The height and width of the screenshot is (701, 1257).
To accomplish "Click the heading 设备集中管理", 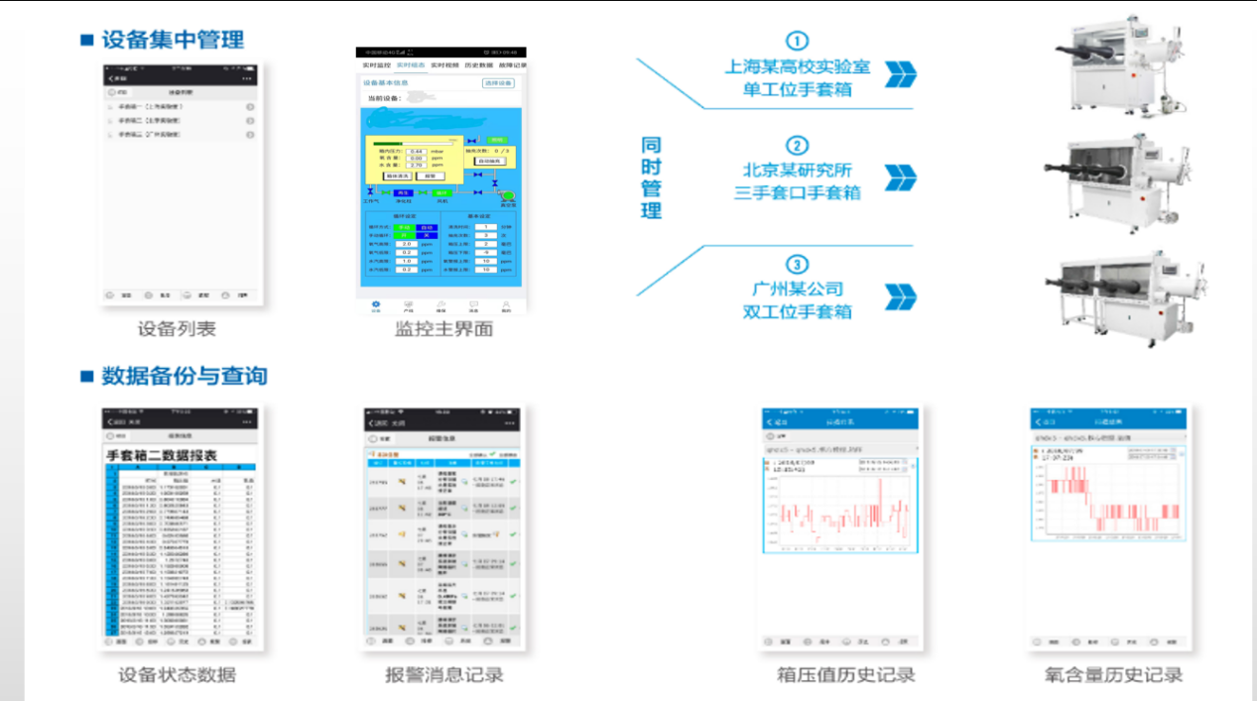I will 173,41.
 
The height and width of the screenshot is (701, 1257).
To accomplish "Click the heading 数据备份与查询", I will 185,376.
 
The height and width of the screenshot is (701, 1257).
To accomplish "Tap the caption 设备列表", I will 177,329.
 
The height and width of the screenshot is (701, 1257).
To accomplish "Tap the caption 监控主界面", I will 443,329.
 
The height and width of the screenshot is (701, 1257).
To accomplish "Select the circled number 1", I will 797,41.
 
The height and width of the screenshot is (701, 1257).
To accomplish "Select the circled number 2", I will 797,146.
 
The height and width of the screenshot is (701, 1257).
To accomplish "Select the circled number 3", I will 797,265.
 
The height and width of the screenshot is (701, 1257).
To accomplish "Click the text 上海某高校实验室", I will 797,66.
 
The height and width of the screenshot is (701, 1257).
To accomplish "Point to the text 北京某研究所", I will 797,170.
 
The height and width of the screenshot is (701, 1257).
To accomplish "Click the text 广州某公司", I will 797,289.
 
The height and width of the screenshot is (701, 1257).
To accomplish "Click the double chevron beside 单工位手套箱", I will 901,74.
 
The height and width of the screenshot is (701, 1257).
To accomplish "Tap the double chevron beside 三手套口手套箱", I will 901,177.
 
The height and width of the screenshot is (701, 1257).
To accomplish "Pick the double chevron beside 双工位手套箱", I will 901,296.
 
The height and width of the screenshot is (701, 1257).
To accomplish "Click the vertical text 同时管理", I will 651,177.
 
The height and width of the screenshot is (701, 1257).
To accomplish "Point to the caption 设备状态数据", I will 177,675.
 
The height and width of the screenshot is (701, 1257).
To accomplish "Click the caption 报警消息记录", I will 443,675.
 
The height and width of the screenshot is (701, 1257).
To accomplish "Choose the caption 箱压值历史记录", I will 845,675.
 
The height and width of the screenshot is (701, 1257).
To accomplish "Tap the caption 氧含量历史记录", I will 1113,675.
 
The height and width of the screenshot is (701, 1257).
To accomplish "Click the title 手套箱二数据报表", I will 177,455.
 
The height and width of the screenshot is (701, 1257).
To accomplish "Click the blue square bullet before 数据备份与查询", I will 87,376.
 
